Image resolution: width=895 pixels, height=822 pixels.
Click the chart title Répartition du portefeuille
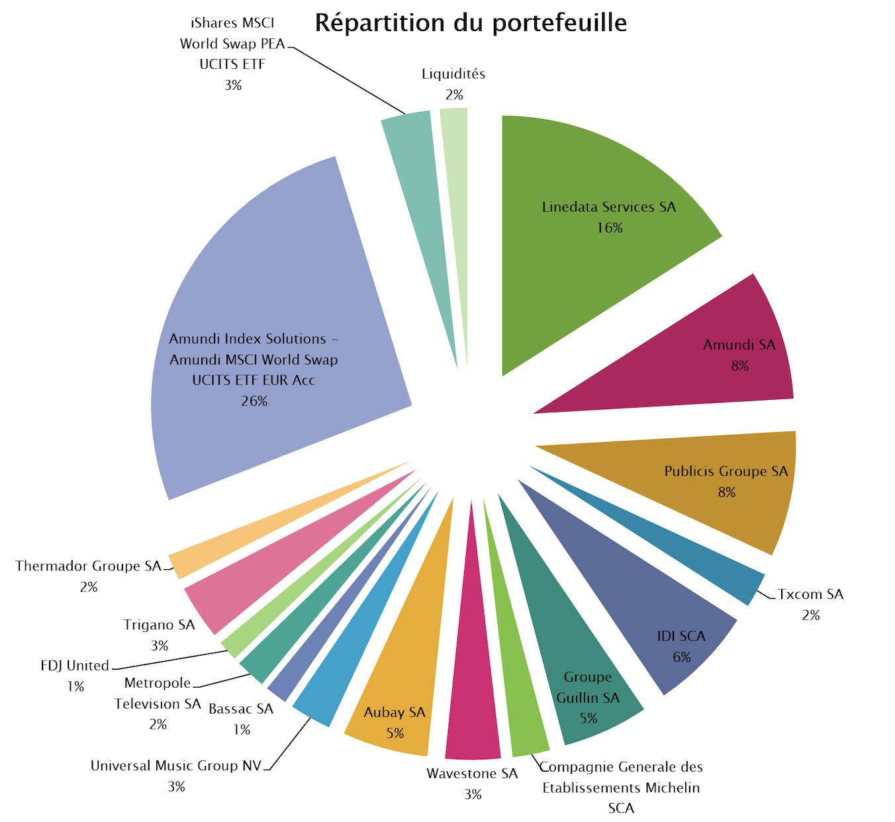(470, 23)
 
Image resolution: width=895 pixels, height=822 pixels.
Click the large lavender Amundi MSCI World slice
(265, 298)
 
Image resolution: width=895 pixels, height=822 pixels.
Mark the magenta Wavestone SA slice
(472, 715)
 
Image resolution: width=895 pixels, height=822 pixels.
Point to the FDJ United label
(75, 666)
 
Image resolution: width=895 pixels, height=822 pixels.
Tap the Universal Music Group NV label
(176, 766)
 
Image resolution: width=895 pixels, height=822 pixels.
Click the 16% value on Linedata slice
(610, 228)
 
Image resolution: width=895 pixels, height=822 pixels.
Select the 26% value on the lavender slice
(254, 401)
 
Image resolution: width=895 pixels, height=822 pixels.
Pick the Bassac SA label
(241, 709)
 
